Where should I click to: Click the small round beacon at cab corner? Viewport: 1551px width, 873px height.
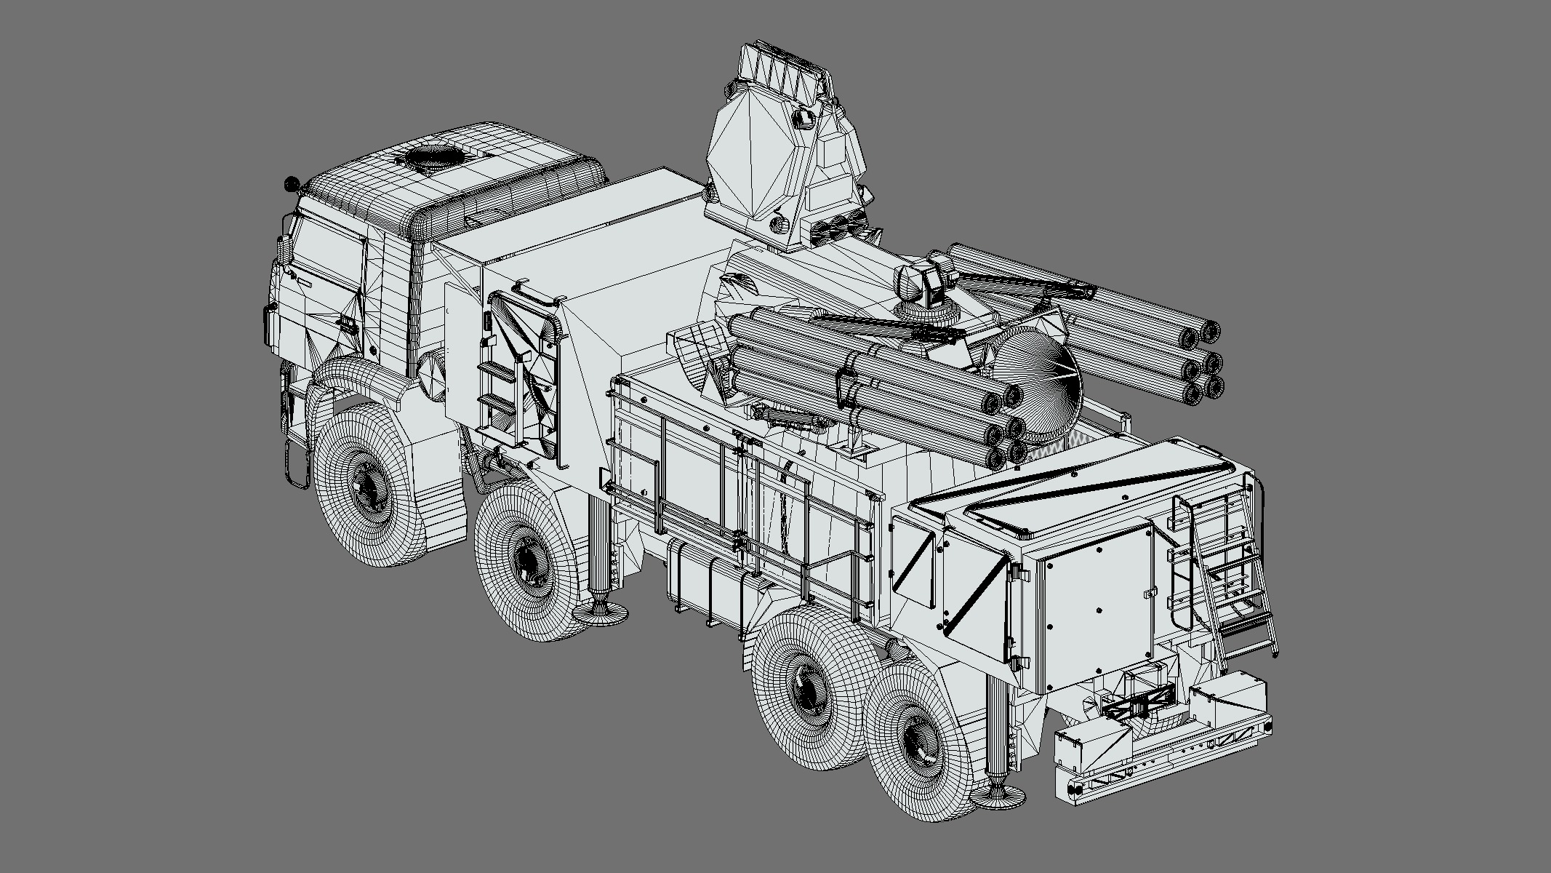tap(292, 183)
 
